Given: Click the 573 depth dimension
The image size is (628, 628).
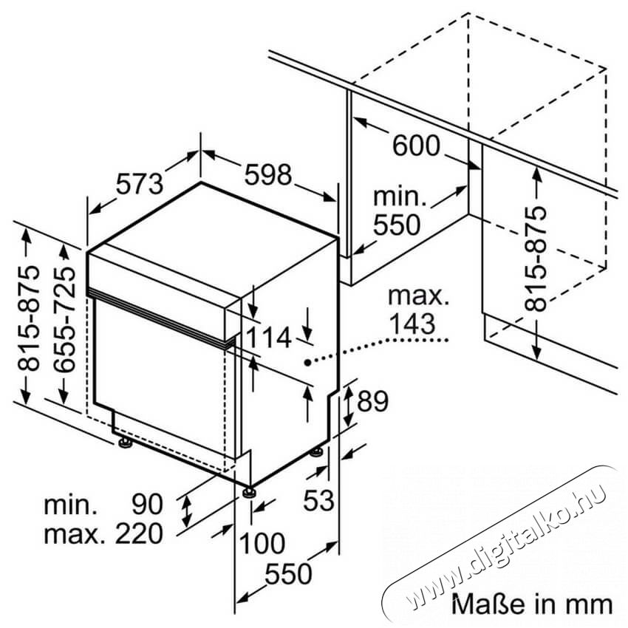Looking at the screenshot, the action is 140,184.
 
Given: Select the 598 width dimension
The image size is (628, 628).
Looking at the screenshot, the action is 268,174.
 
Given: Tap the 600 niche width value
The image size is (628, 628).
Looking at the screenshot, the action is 416,146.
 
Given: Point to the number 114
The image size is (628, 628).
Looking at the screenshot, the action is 268,338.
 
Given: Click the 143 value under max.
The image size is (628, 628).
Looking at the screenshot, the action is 412,323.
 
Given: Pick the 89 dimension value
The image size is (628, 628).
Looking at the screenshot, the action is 372,401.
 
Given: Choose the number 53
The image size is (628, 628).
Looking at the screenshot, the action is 319,500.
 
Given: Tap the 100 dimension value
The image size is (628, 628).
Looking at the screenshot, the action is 262,543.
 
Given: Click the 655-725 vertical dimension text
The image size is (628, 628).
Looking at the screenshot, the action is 65,319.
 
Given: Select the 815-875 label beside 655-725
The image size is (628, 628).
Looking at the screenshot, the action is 29,318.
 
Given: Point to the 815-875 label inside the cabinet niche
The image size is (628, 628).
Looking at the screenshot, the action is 536,259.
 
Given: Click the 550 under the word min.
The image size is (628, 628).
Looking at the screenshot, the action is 397,225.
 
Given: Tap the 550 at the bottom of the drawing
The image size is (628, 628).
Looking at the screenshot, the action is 288,573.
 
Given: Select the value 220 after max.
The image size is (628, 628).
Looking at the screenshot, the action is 139,533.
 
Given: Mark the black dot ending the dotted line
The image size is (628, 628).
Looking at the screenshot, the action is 307,363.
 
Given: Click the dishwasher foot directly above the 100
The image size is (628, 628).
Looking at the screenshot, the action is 250,492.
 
